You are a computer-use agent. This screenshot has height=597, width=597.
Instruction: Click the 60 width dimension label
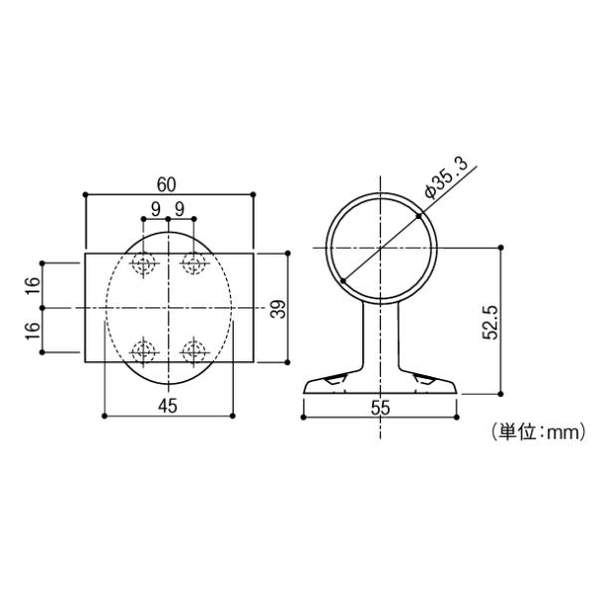[166, 185]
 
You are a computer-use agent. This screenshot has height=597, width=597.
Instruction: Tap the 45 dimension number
[167, 406]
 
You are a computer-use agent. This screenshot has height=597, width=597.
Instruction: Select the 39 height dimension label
[278, 308]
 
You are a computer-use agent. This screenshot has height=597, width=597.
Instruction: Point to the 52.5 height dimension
[490, 322]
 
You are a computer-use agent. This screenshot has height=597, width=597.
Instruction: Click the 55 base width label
[380, 408]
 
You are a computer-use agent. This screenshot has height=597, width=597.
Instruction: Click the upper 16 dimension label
[33, 286]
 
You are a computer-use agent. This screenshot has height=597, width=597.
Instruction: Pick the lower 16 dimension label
[33, 330]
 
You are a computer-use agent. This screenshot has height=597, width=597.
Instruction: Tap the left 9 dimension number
[155, 209]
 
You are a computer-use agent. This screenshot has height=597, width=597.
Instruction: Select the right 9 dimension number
[179, 209]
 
